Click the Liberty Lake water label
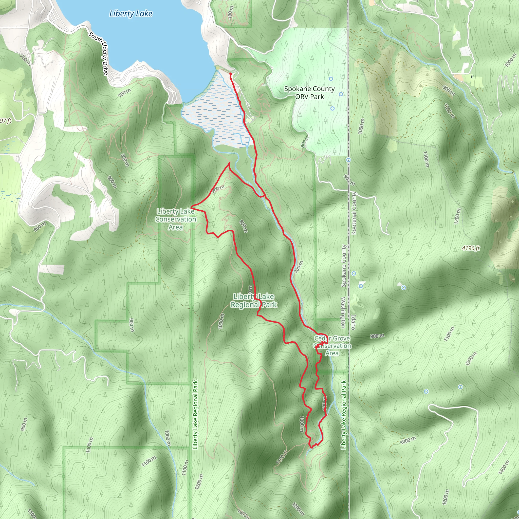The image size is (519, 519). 131,14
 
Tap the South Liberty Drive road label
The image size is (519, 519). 99,54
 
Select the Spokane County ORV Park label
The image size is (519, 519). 309,93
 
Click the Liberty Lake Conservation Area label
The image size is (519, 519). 176,219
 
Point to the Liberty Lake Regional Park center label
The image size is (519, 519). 254,301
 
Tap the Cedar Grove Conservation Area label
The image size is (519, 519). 332,346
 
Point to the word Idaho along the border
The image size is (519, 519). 353,322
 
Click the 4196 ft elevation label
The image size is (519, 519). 471,248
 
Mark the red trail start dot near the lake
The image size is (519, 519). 231,73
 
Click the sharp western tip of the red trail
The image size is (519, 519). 191,208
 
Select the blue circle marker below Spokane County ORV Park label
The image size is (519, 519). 332,108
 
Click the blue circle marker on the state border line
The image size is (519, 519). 348,160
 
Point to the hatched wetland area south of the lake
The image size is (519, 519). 218,116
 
